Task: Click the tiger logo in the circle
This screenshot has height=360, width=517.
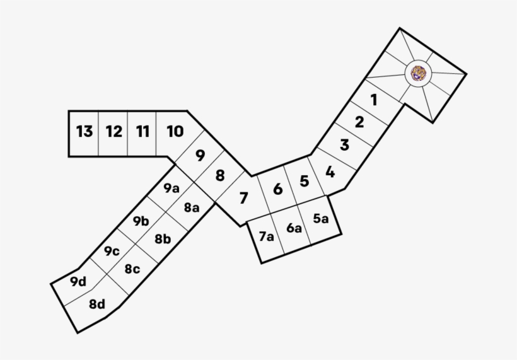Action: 418,73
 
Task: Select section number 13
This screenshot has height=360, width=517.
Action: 84,132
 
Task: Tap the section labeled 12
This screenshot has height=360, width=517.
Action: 113,132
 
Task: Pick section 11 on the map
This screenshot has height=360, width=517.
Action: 142,132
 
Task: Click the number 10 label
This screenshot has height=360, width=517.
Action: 175,132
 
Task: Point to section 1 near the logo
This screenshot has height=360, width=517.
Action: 374,100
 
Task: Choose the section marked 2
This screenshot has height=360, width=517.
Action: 359,122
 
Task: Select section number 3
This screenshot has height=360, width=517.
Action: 344,145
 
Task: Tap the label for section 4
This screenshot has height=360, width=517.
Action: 330,172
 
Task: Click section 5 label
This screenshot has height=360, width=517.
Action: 305,182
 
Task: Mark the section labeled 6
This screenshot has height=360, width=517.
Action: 278,190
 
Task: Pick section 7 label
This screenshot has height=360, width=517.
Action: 243,198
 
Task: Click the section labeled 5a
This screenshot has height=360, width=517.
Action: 321,219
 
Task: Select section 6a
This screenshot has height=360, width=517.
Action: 294,228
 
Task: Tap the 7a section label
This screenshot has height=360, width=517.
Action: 266,236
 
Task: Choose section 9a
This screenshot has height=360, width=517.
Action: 171,189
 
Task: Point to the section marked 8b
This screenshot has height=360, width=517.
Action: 163,239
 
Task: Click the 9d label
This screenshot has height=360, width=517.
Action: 78,282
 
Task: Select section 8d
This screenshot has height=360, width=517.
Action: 97,304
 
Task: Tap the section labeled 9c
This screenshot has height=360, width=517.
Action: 112,251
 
